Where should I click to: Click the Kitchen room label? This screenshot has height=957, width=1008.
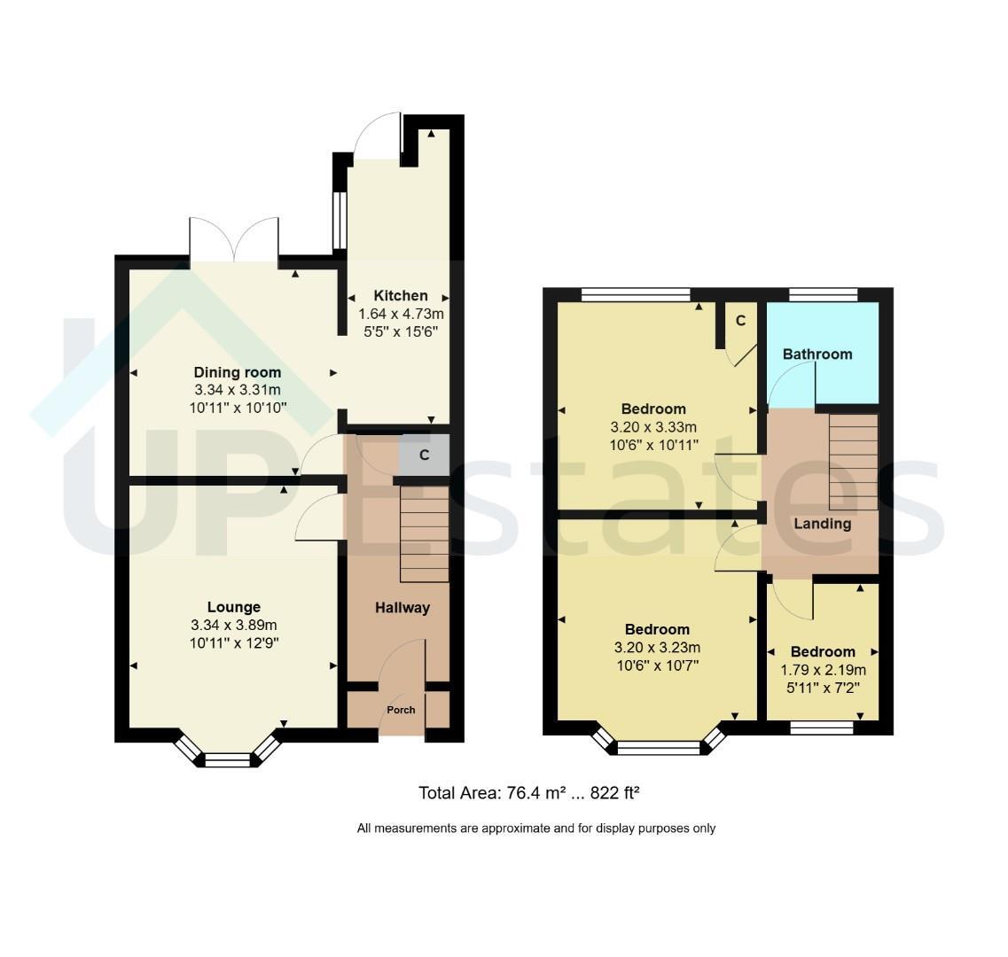[401, 296]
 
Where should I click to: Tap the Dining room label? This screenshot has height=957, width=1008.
[238, 372]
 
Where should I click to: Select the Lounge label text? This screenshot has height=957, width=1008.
[234, 607]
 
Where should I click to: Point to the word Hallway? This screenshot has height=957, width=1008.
[402, 607]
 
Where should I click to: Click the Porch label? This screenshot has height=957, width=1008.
[401, 710]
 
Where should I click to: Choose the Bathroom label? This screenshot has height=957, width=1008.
[817, 354]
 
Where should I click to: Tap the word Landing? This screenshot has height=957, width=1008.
[822, 524]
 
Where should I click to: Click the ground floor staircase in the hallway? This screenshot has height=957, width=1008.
[425, 534]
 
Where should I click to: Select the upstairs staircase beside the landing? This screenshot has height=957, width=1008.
[853, 463]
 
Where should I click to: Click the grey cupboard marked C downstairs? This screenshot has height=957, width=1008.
[424, 455]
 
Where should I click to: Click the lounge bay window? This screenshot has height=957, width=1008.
[228, 751]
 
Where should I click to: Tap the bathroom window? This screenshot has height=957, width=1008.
[823, 294]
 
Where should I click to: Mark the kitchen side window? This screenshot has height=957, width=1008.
[340, 221]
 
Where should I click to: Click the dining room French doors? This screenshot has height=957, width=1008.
[234, 240]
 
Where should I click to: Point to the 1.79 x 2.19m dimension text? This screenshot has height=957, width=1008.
[823, 671]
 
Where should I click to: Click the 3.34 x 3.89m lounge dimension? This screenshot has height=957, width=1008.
[234, 625]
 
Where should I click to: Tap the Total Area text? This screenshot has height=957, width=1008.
[528, 793]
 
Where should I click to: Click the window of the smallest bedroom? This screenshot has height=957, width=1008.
[822, 727]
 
